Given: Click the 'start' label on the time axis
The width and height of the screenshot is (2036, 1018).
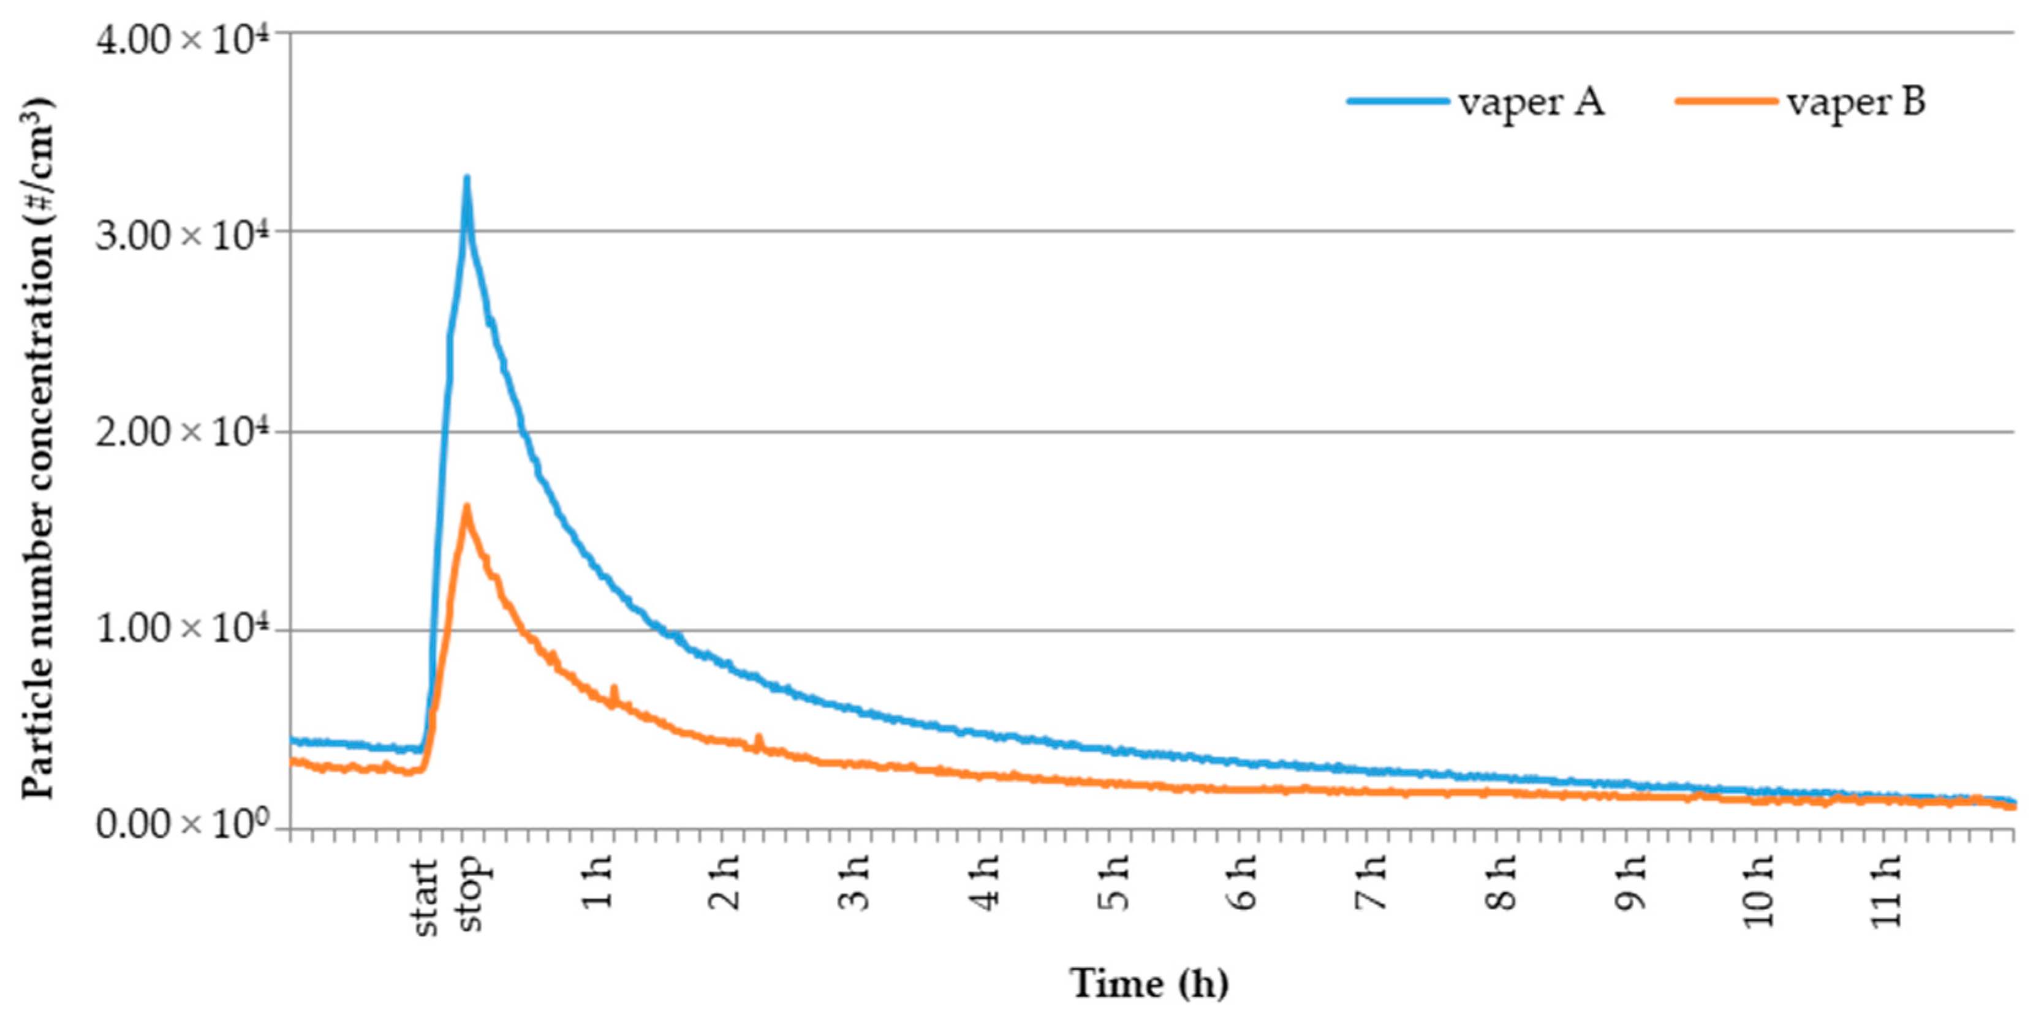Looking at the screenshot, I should [425, 897].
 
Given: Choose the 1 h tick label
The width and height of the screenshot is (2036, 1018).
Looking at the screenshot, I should [599, 882].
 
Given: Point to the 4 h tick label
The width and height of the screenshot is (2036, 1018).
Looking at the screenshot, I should [986, 882].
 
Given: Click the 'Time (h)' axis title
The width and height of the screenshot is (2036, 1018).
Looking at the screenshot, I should [1149, 984].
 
